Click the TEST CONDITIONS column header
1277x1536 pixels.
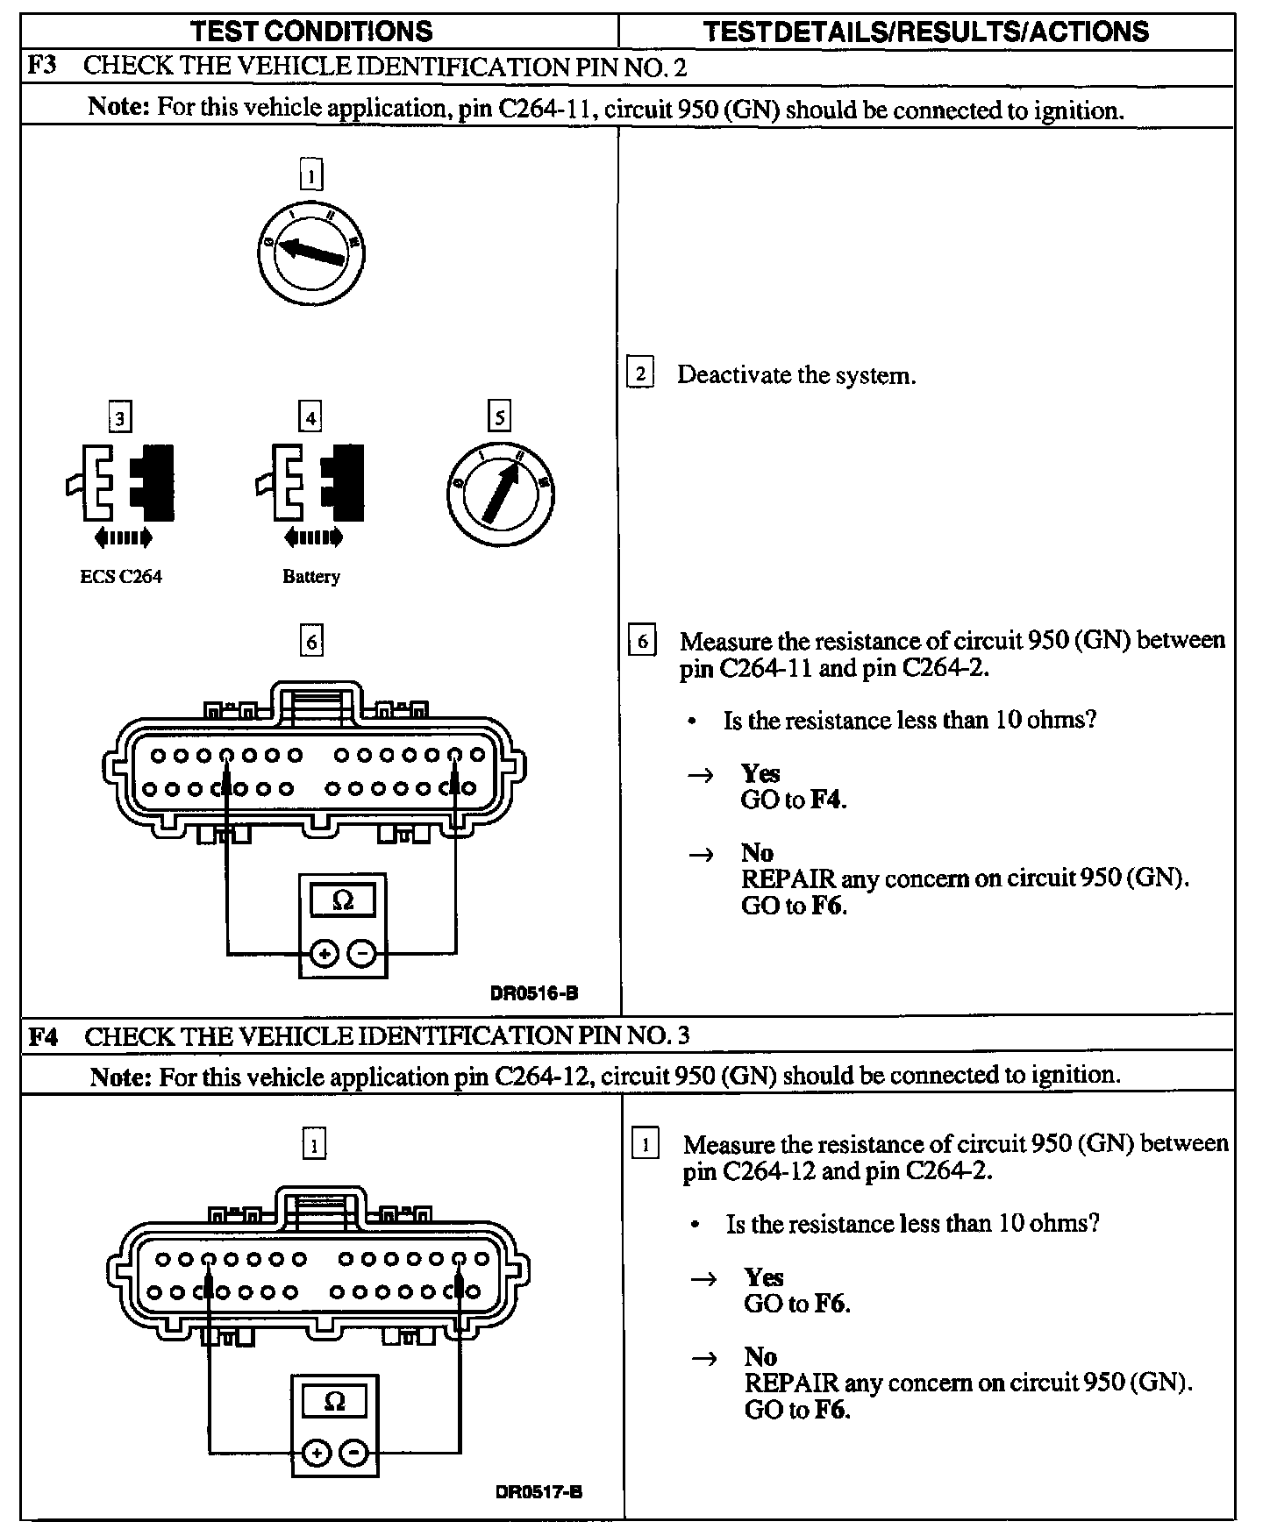pos(312,32)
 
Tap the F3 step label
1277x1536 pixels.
pos(44,67)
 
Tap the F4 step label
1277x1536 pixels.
pos(44,1036)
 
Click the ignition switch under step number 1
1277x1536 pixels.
pos(311,253)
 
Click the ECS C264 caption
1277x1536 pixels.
pos(121,576)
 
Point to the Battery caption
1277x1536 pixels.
pos(310,576)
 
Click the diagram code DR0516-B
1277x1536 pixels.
pos(534,993)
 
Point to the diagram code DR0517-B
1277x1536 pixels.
pos(539,1493)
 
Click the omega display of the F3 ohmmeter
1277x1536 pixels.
pos(343,901)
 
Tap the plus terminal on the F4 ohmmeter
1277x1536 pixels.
pos(316,1454)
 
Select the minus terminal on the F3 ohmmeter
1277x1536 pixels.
pos(362,952)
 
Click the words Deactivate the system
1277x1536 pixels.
pos(796,375)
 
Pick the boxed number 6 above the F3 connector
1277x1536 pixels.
pos(311,642)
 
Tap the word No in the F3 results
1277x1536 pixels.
pos(757,852)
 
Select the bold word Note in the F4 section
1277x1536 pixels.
pos(120,1076)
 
